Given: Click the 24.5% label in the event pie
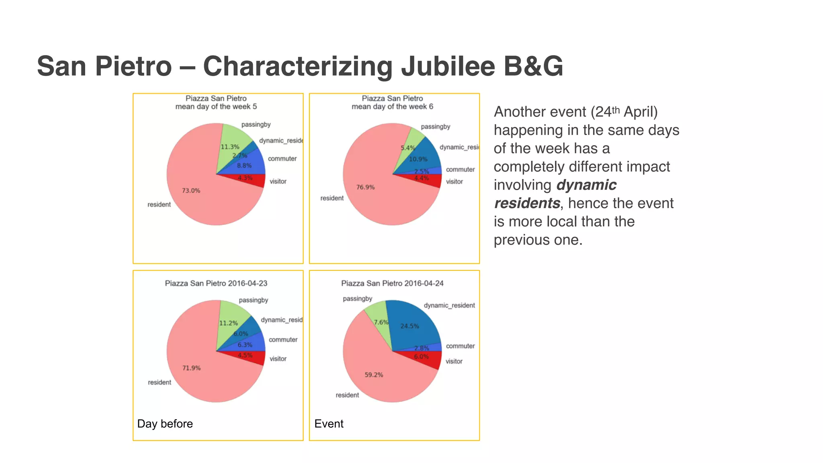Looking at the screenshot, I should (409, 326).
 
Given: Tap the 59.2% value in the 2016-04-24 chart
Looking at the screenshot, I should (374, 375).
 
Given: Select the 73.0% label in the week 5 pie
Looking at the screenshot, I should (191, 191).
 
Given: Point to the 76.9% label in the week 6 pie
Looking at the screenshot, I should (365, 187).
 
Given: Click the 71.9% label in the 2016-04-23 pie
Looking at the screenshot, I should (191, 368).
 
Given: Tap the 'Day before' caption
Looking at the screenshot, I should (165, 424).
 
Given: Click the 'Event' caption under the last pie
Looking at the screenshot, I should (329, 424).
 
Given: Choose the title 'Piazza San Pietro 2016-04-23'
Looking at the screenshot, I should (216, 283).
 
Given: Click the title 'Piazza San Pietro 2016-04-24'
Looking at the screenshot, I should (392, 283).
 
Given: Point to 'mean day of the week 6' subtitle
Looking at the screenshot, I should (392, 107).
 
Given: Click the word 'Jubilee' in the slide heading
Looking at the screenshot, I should (448, 66).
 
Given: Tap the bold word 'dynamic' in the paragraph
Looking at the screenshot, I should (586, 185).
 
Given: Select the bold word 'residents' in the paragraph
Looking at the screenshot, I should (527, 203).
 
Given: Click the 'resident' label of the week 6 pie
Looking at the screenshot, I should (332, 198).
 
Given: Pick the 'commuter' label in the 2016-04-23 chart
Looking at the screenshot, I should (283, 340).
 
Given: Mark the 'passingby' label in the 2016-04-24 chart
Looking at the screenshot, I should (357, 299).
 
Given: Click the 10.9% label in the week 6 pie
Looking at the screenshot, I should (418, 159).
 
